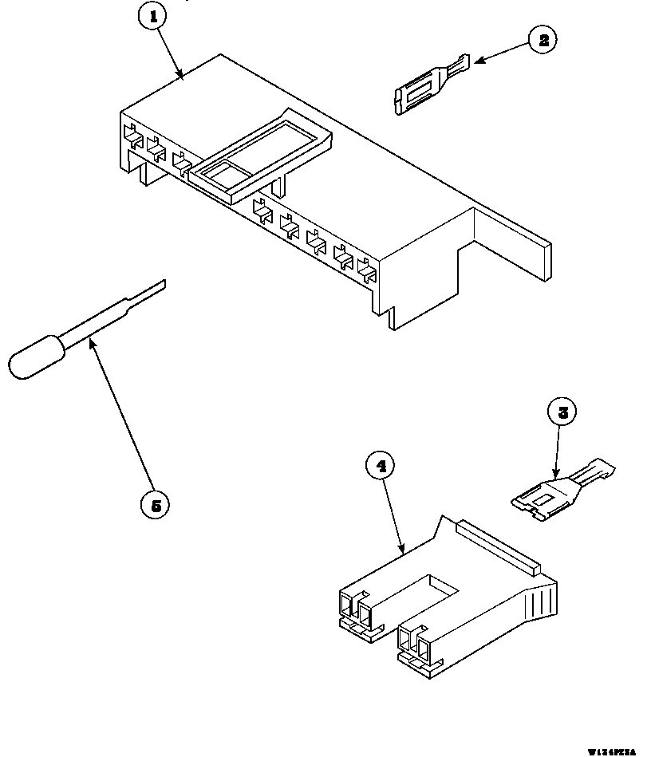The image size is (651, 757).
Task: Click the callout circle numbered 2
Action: click(x=543, y=40)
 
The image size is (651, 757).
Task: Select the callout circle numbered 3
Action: click(x=562, y=412)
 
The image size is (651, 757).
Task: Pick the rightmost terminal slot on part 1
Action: click(x=367, y=272)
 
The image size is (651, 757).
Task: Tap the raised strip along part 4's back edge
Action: click(x=495, y=546)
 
